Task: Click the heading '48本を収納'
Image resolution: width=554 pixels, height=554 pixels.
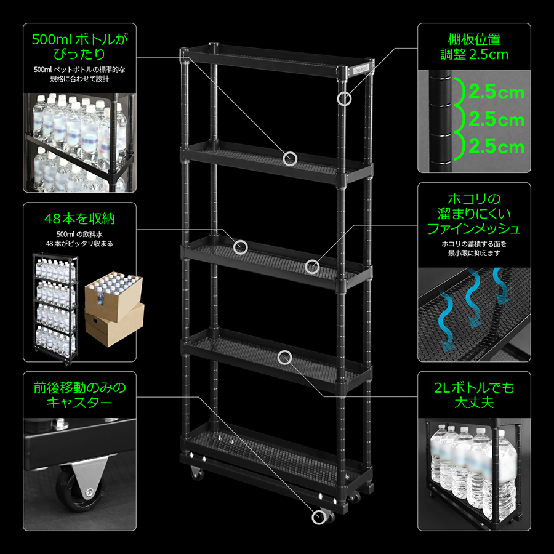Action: pos(79,219)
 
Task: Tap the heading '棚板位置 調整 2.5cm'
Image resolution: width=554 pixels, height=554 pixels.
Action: pos(474,47)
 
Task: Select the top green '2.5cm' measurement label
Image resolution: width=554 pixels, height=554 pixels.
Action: pos(496,92)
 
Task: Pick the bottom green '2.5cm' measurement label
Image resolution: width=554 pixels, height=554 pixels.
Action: pos(496,147)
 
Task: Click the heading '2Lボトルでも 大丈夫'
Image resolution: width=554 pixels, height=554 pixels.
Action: pos(474,395)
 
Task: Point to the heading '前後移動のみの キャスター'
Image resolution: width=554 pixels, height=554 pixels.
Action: pos(79,395)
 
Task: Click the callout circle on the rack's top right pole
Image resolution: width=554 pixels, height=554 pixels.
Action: pos(343,98)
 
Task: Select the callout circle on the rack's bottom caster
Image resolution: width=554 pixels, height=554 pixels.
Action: pos(319,517)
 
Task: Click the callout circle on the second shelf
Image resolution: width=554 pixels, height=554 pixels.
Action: pos(290,159)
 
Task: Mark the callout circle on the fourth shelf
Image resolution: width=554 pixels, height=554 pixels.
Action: pos(284,358)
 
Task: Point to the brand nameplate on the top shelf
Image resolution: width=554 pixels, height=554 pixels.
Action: pos(361,69)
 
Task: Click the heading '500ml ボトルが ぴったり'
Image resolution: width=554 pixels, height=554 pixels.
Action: pos(79,47)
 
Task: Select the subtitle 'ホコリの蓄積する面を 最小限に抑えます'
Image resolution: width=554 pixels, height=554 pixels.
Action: pos(474,249)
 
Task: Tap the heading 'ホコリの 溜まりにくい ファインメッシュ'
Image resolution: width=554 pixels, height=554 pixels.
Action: pos(474,214)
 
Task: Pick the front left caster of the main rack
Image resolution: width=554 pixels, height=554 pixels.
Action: pos(196,473)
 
